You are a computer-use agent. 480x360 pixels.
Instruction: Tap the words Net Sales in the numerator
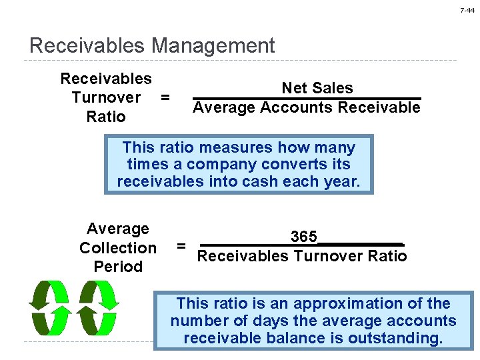317,89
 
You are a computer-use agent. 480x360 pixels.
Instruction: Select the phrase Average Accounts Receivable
307,107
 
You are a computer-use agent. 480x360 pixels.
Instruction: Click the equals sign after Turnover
165,97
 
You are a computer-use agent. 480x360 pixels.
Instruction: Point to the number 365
303,237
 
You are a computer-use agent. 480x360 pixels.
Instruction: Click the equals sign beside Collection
180,247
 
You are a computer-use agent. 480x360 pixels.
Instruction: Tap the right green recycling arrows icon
97,307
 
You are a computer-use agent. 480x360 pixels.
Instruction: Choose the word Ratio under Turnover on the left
106,117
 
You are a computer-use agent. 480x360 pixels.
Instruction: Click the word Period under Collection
119,267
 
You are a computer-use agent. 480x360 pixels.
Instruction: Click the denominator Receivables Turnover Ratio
303,257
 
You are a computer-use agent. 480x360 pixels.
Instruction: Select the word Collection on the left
118,248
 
